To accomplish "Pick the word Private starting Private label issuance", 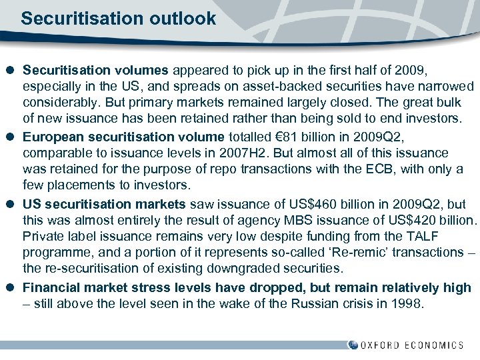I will pos(43,237).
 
